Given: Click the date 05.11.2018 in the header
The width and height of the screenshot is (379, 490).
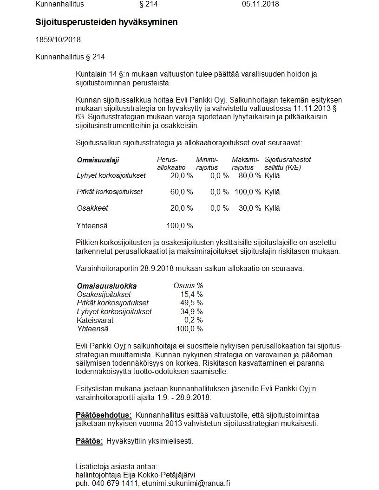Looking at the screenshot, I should pyautogui.click(x=260, y=4).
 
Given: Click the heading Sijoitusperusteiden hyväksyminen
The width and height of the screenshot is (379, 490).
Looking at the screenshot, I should pyautogui.click(x=106, y=22).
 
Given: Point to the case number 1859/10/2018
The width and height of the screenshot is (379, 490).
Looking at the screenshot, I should pyautogui.click(x=58, y=40).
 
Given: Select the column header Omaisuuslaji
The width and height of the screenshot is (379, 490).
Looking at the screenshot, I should pyautogui.click(x=98, y=160).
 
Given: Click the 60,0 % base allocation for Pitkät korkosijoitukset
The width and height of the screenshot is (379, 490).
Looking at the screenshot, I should pyautogui.click(x=182, y=192).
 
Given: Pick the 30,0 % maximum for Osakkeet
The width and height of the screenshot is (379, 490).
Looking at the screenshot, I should pyautogui.click(x=250, y=208).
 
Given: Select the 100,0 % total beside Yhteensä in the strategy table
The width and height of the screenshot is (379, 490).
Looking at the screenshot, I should pyautogui.click(x=180, y=226).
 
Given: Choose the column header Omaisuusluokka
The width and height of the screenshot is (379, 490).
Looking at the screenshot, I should pyautogui.click(x=107, y=286).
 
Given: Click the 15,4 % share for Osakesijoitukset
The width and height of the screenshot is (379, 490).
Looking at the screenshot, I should pyautogui.click(x=191, y=295).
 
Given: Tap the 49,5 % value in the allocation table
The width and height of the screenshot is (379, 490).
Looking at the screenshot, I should pyautogui.click(x=191, y=303).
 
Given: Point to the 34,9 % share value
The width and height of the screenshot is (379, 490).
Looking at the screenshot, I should pyautogui.click(x=191, y=312).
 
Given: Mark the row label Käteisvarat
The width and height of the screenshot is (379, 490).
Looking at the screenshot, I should pyautogui.click(x=95, y=320).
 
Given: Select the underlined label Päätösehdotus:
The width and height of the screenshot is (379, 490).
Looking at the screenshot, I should pyautogui.click(x=104, y=415).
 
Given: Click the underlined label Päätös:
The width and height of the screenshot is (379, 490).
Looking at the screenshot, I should pyautogui.click(x=89, y=441).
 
